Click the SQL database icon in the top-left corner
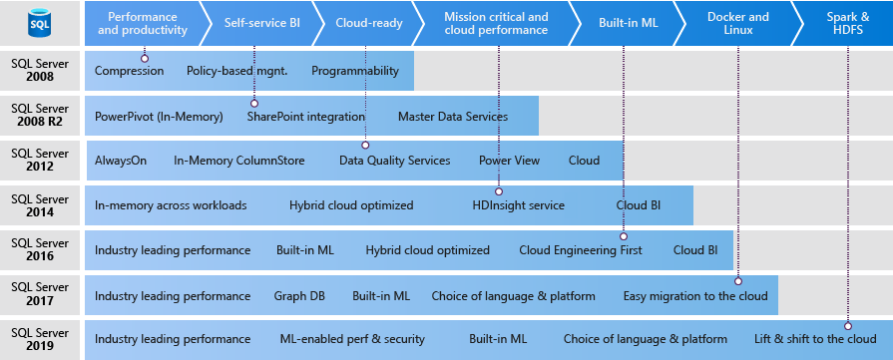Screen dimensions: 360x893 [41, 23]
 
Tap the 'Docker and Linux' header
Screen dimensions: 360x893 [737, 23]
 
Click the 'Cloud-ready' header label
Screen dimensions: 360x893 [369, 23]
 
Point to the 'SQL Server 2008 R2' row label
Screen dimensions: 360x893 [41, 115]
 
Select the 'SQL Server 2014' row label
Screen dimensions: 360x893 [41, 204]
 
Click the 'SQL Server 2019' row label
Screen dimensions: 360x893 [41, 339]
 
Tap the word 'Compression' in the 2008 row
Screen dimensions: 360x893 [129, 71]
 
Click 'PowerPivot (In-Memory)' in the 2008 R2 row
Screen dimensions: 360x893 [159, 116]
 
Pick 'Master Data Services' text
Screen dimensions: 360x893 [452, 116]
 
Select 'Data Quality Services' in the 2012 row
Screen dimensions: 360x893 [394, 161]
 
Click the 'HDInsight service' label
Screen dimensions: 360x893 [518, 205]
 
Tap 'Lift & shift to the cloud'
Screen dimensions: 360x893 [815, 339]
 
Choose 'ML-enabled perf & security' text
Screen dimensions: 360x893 [353, 339]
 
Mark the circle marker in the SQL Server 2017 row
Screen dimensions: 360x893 [738, 280]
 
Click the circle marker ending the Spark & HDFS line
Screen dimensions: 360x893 [848, 324]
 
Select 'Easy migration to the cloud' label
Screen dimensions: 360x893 [695, 295]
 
